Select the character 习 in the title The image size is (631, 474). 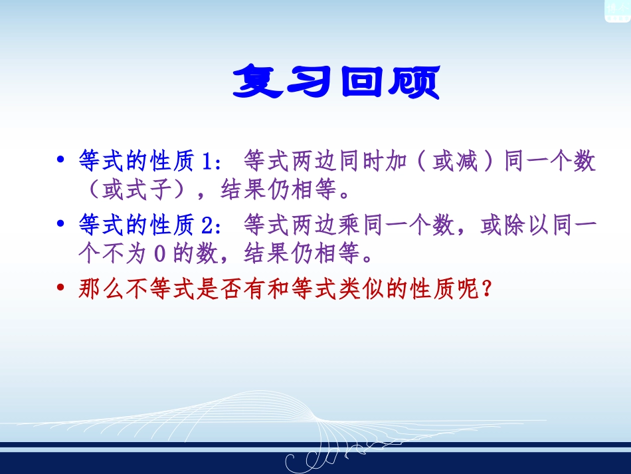[x=310, y=82]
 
